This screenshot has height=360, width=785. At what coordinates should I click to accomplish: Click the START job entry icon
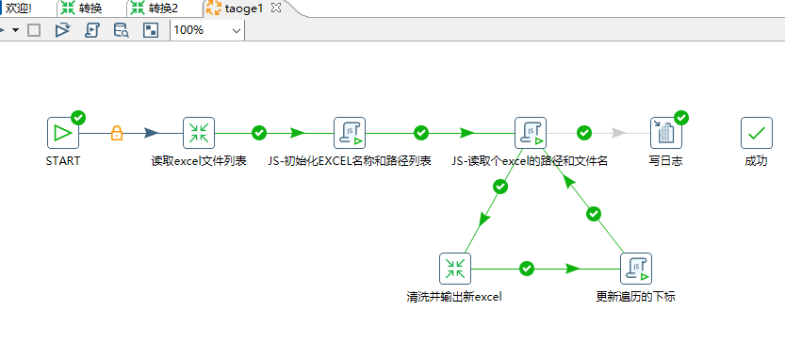(62, 133)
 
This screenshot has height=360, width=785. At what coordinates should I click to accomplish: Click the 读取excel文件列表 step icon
(198, 133)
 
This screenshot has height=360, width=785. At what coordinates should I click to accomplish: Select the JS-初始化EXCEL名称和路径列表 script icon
(350, 133)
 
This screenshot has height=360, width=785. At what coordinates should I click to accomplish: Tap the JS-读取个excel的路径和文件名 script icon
(530, 133)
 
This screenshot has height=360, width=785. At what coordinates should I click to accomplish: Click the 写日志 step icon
(665, 133)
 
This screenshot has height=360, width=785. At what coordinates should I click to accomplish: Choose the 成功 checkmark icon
(756, 133)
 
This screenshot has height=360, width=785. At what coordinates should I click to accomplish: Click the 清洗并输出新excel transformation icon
(455, 269)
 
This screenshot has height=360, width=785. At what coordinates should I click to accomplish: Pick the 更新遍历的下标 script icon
(636, 269)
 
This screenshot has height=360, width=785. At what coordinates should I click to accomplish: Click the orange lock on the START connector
(117, 133)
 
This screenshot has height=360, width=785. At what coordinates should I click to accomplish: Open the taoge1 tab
(244, 8)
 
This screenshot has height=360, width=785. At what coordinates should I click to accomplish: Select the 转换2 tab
(162, 8)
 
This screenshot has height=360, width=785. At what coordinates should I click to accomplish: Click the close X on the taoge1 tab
(275, 8)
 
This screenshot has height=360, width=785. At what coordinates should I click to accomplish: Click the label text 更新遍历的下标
(635, 296)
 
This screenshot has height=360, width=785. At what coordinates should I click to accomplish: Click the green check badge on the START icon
(78, 118)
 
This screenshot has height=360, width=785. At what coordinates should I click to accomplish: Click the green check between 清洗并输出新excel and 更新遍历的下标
(527, 269)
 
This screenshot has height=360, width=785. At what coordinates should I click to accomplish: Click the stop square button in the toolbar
(34, 30)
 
